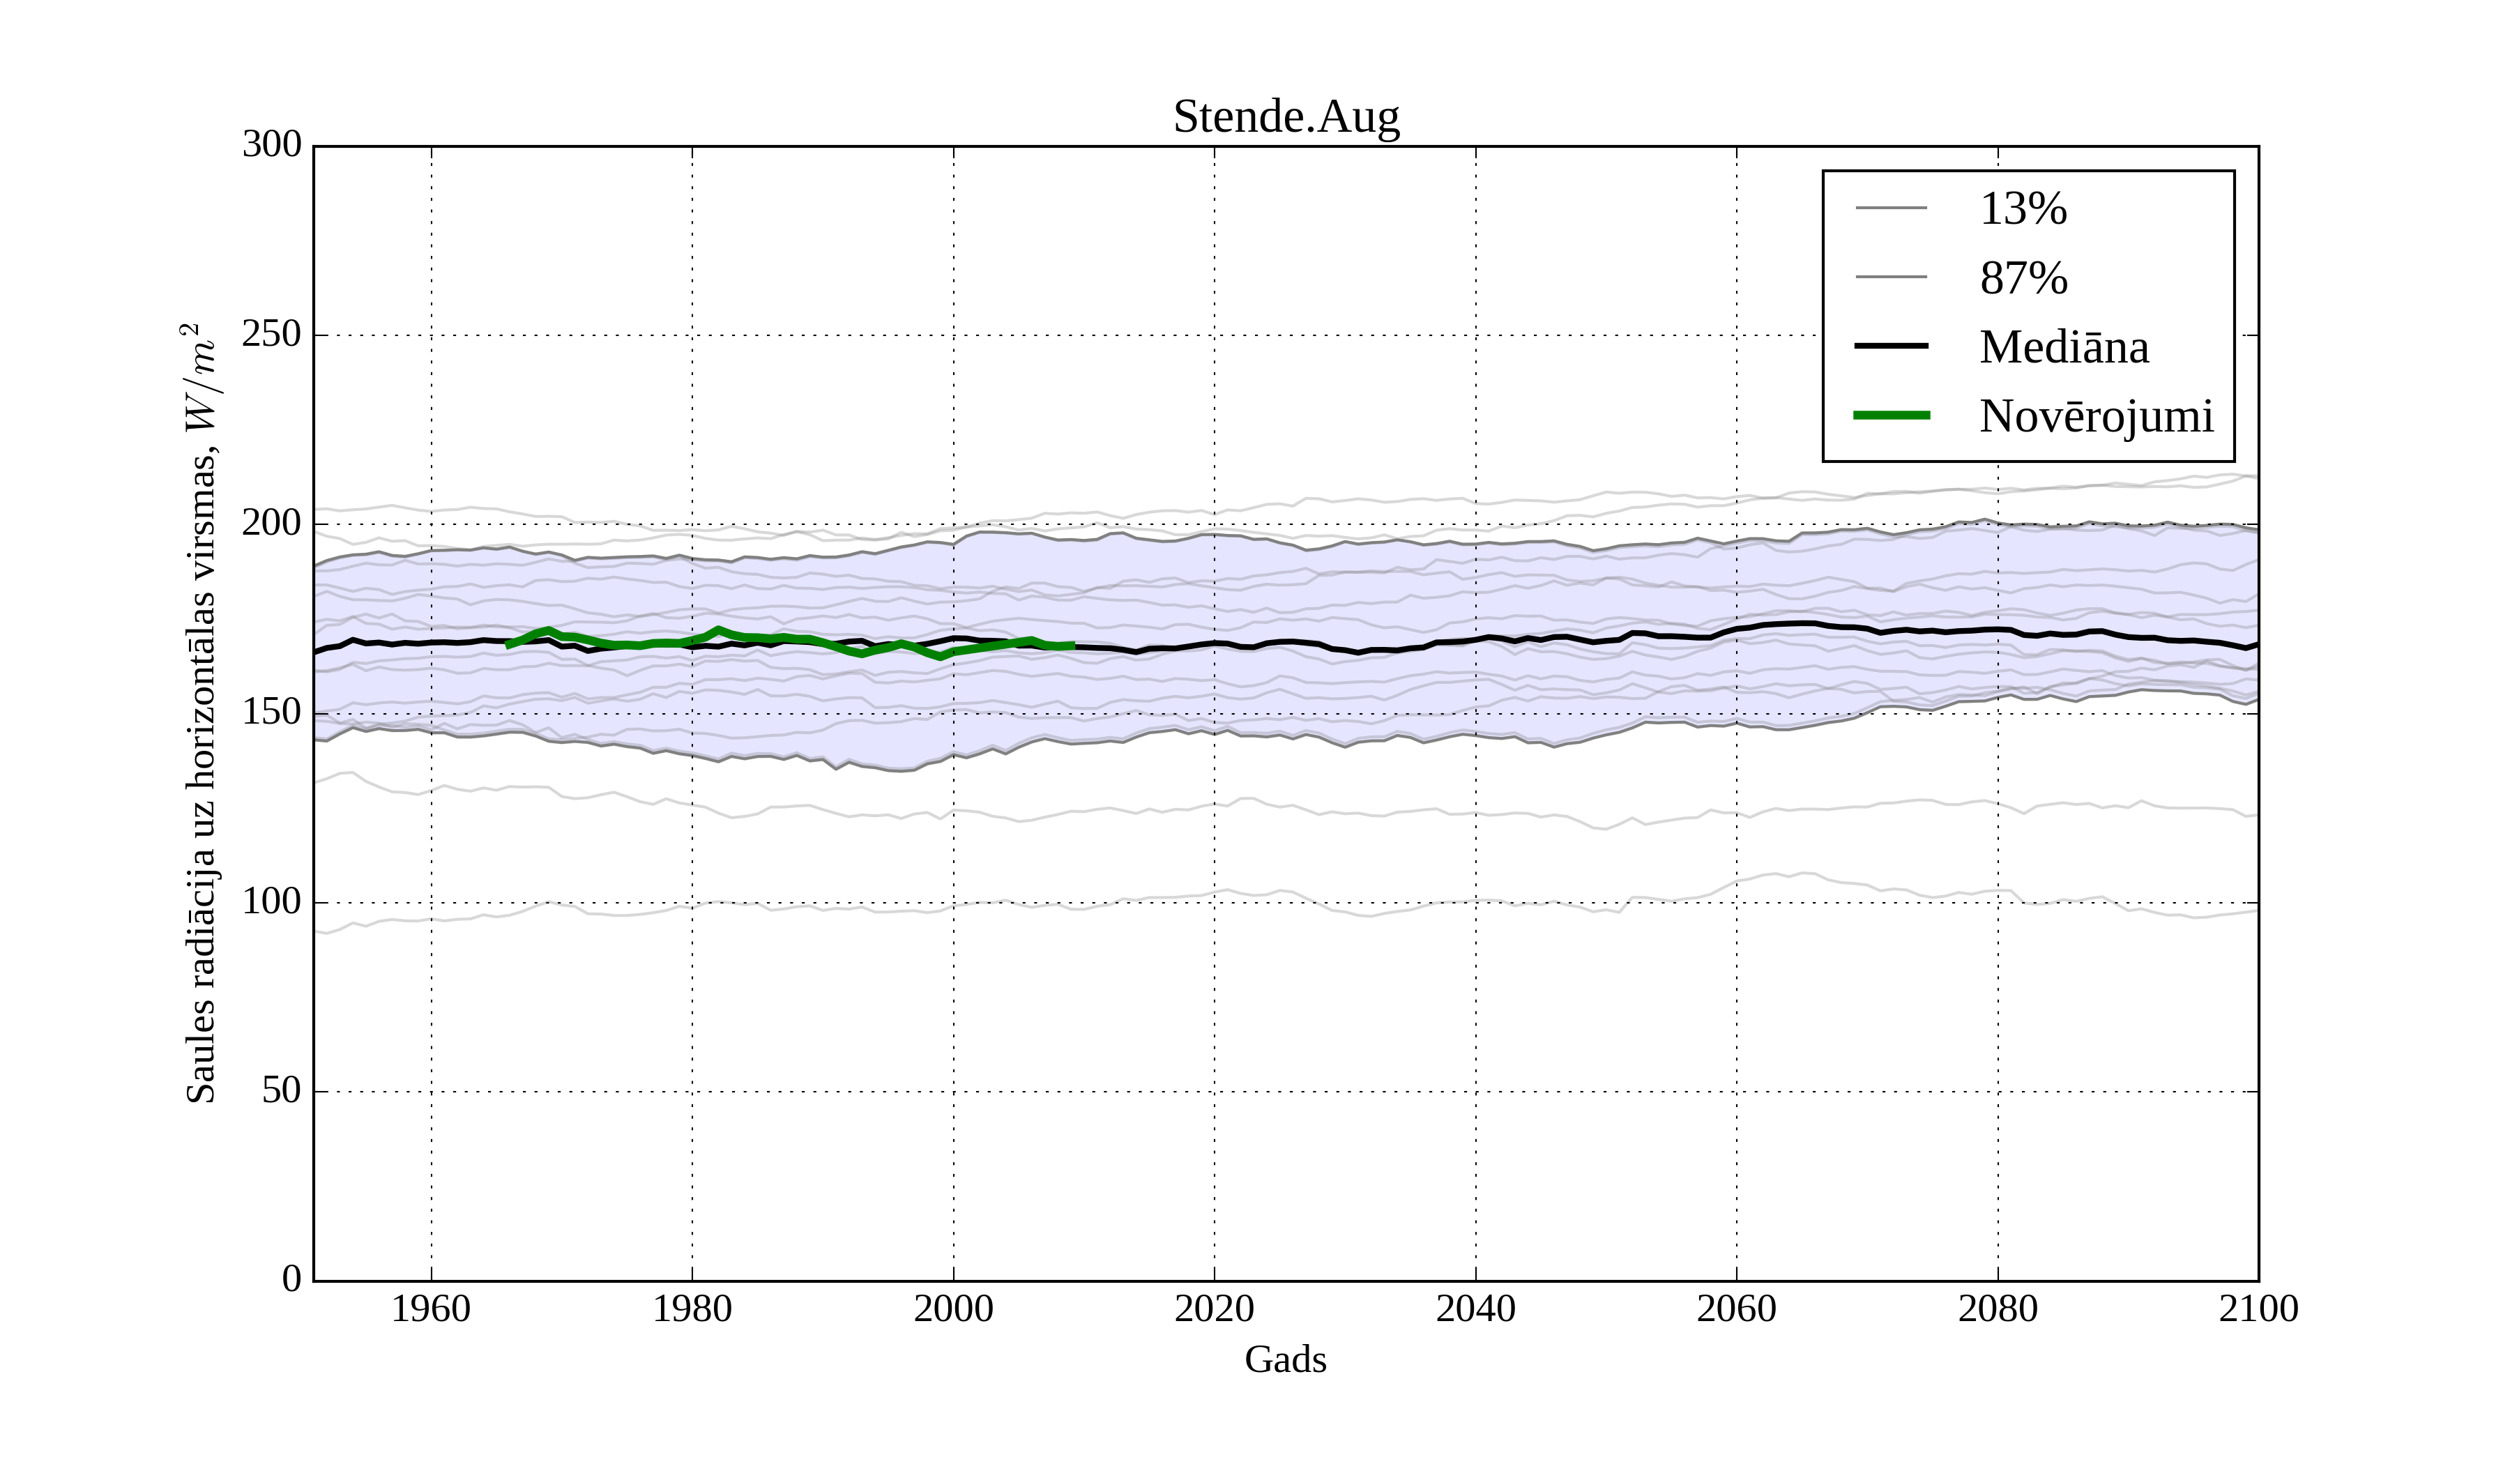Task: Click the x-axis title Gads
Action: pos(1285,1359)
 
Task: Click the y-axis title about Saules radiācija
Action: pos(201,713)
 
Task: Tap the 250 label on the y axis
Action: pos(272,335)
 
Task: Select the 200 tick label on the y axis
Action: pos(272,523)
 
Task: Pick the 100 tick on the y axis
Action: pos(272,901)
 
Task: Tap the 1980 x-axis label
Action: pos(692,1309)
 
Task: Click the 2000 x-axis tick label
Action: pos(953,1309)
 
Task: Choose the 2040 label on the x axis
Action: pos(1475,1309)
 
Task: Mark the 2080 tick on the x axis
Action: pos(1997,1309)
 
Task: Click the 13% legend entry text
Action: pos(2023,209)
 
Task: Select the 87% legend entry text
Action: pos(2023,278)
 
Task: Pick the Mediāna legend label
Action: pos(2064,348)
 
